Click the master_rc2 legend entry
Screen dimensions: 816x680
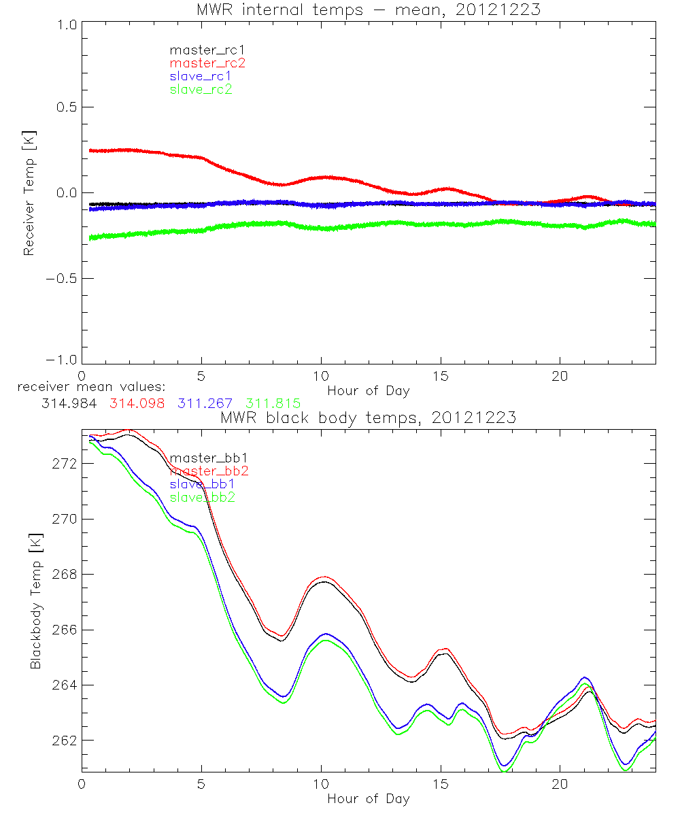[x=207, y=63]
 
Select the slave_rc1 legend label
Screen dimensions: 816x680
[x=201, y=76]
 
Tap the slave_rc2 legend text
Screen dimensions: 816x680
[x=201, y=89]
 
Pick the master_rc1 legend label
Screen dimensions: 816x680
[x=207, y=50]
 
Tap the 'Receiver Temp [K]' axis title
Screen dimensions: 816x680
[x=29, y=193]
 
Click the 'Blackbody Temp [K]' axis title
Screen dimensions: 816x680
[x=35, y=601]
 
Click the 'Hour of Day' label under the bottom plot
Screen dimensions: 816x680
[x=368, y=799]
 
